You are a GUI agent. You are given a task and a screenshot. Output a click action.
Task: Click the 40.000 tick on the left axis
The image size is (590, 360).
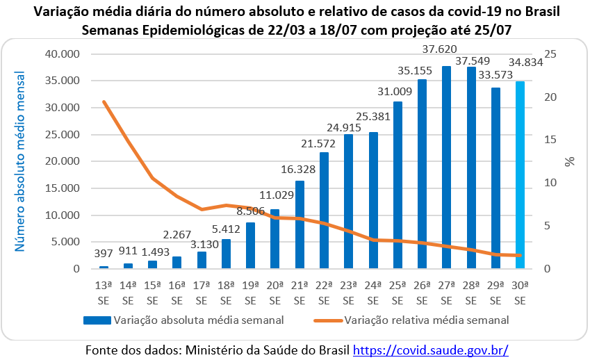(x=62, y=54)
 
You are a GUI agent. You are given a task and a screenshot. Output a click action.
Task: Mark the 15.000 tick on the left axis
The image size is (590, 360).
(x=62, y=188)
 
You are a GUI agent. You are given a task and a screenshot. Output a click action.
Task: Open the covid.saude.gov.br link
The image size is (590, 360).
(x=431, y=350)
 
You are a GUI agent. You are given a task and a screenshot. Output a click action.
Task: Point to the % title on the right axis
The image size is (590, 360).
(x=570, y=161)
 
